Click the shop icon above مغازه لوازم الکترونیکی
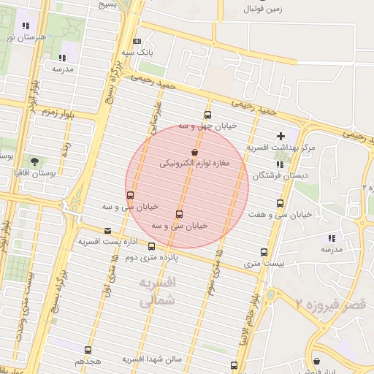[x=194, y=152]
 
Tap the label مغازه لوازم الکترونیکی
[x=194, y=164]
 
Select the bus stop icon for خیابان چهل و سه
[x=207, y=115]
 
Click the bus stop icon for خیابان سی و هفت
[x=280, y=203]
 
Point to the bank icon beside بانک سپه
[x=137, y=42]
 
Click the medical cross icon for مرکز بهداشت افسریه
[x=280, y=136]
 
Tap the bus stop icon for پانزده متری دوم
[x=151, y=247]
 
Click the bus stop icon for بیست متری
[x=264, y=252]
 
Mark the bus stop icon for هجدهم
[x=88, y=350]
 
